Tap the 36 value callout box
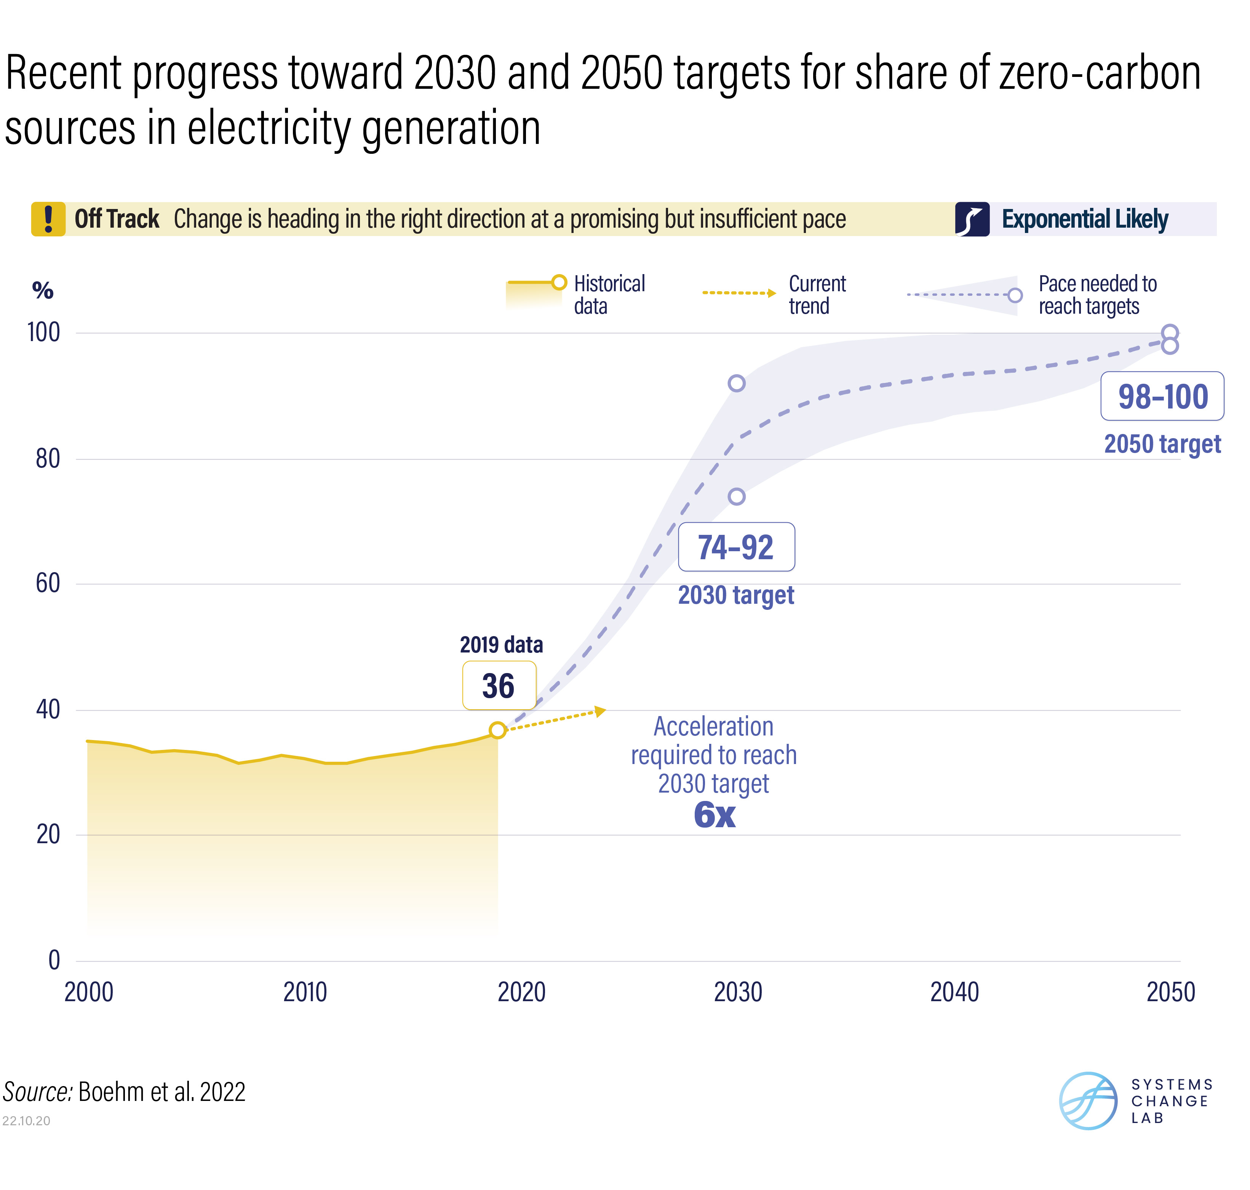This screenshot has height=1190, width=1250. (x=499, y=686)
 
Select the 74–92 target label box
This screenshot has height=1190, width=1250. (x=736, y=547)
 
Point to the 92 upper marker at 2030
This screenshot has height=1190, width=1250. (x=736, y=383)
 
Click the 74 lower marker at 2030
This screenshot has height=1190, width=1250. (x=736, y=497)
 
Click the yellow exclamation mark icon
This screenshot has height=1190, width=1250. (x=48, y=219)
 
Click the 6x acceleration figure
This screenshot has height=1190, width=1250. (x=715, y=815)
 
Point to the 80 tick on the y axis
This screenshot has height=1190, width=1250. (x=48, y=459)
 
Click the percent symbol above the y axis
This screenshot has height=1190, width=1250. (x=43, y=290)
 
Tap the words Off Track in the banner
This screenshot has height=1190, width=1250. (x=117, y=219)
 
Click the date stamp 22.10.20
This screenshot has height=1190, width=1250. (x=26, y=1121)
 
